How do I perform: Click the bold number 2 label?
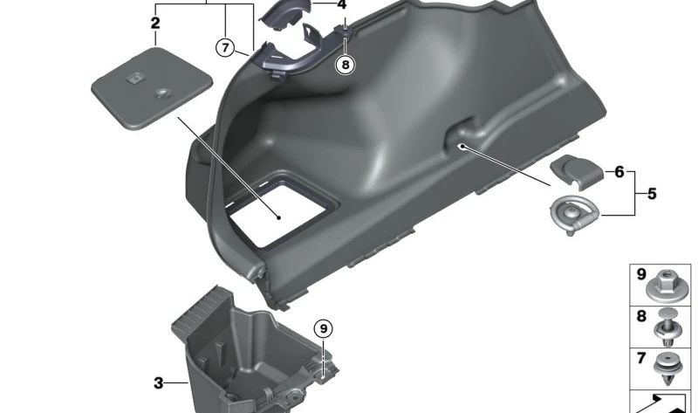[x=155, y=23]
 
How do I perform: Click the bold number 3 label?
[x=159, y=382]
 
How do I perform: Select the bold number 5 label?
[x=652, y=194]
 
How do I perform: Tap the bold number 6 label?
[x=619, y=171]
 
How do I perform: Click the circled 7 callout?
[x=225, y=47]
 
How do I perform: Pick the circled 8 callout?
[x=346, y=65]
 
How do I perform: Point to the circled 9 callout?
[x=323, y=329]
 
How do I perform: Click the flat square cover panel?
[x=152, y=89]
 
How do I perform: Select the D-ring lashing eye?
[x=575, y=214]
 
